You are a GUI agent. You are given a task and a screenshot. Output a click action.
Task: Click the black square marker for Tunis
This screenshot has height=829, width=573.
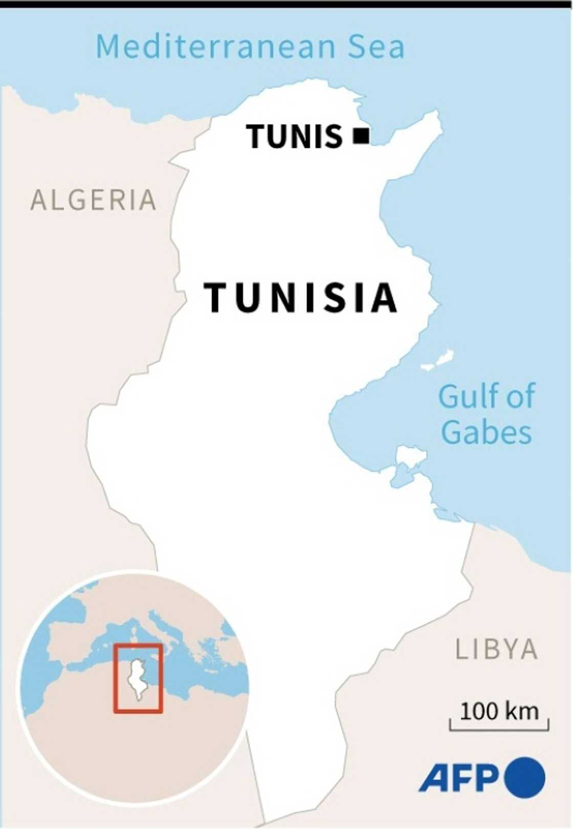[x=361, y=136]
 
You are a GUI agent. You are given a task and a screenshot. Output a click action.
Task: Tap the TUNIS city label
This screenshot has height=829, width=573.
[x=294, y=137]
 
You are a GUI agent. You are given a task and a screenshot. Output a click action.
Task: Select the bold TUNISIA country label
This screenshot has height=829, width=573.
[x=300, y=297]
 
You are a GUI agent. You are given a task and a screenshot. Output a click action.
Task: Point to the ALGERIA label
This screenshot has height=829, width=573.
[x=94, y=200]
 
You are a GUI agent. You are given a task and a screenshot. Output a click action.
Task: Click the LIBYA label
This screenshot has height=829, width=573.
[x=496, y=649]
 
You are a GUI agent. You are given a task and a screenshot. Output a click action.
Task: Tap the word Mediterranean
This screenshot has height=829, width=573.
[x=215, y=47]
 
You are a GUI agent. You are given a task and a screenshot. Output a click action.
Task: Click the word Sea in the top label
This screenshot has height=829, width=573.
[x=377, y=47]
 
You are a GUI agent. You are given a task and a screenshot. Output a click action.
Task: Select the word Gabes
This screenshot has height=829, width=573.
[x=486, y=432]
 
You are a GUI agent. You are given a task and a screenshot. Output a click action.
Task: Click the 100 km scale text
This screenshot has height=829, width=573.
[x=499, y=711]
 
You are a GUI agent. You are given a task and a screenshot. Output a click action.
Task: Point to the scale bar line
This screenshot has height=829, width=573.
[x=499, y=728]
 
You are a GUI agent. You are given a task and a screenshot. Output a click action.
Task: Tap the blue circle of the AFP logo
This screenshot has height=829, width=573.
[x=524, y=777]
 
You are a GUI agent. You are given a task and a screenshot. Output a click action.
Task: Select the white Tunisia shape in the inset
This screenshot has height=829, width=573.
[x=137, y=678]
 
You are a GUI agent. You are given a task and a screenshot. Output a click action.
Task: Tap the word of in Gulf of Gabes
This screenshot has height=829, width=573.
[x=520, y=396]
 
